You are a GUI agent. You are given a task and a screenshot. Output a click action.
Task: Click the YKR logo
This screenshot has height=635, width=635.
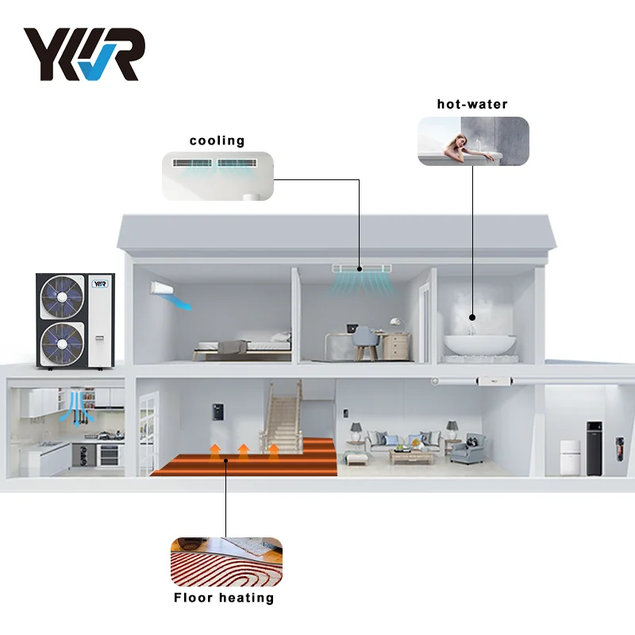(83, 54)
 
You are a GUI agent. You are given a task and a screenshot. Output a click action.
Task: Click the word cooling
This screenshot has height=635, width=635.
(217, 140)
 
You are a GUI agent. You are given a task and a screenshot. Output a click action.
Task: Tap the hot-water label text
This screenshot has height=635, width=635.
(472, 104)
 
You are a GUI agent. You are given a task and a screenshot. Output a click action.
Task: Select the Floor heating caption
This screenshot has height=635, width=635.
(225, 598)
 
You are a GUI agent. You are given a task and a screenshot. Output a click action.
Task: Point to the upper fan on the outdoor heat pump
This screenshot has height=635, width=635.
(62, 296)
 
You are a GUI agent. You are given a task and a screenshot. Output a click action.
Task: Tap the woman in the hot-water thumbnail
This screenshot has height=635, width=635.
(464, 145)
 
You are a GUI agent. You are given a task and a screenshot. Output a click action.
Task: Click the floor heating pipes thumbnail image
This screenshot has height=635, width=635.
(226, 562)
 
